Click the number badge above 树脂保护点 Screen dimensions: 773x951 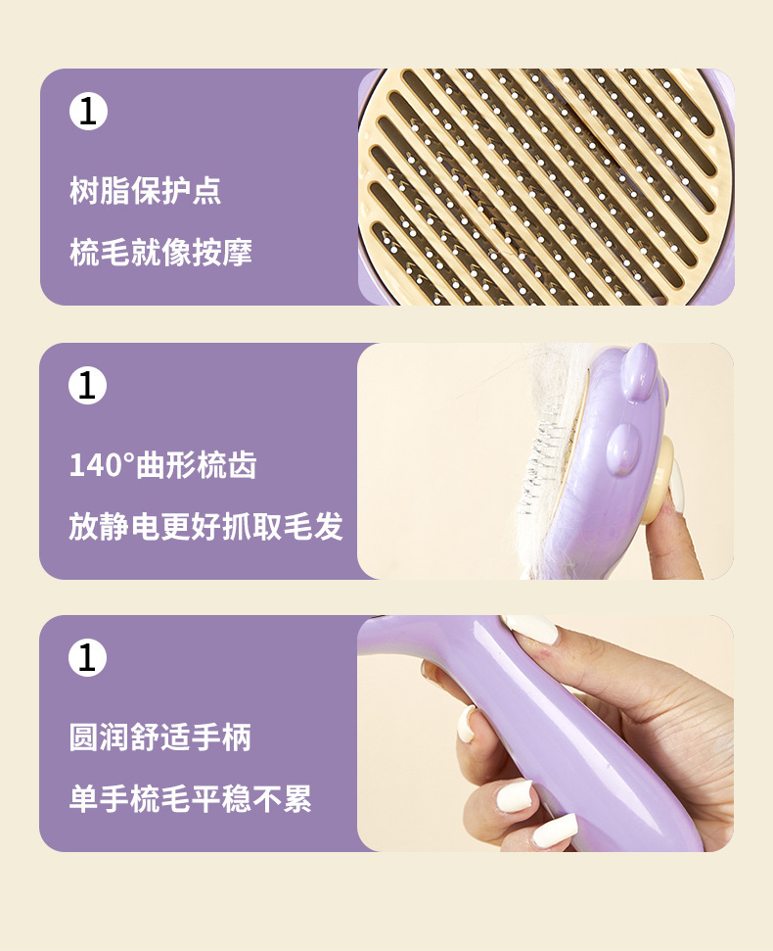(88, 111)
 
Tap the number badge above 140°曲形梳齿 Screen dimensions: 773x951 (88, 385)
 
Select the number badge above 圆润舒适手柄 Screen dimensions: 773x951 (88, 657)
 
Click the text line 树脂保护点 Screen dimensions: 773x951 (146, 190)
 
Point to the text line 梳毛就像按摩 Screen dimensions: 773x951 (160, 252)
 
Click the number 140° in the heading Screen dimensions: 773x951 (102, 465)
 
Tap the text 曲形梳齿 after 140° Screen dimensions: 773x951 (197, 465)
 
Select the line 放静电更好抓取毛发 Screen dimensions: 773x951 (206, 526)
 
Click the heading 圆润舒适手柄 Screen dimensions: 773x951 (159, 737)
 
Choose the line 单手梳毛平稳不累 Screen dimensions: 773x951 (190, 798)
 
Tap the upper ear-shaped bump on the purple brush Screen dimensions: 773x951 (639, 371)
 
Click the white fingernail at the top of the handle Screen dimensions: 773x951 (532, 629)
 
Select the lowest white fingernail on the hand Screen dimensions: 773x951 (554, 832)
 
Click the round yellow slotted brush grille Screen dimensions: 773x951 (545, 187)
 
